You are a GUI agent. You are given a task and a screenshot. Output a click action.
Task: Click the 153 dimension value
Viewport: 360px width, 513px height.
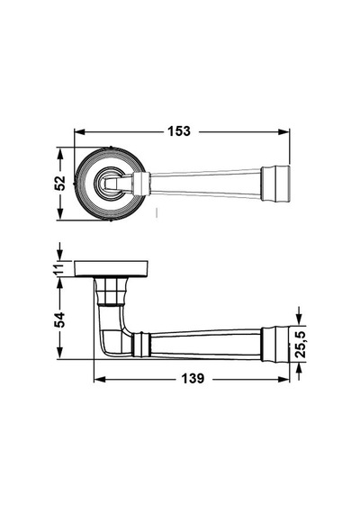(179, 131)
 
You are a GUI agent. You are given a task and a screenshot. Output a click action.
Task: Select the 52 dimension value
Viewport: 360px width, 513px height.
(60, 184)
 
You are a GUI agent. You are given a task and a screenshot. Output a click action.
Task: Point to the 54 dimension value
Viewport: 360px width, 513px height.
(59, 320)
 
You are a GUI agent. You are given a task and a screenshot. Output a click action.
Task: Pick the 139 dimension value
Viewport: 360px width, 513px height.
(193, 379)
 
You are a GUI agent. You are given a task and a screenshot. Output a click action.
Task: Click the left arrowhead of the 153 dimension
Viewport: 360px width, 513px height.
(80, 131)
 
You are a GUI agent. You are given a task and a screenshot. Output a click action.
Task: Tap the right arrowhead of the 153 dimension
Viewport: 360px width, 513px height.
(283, 131)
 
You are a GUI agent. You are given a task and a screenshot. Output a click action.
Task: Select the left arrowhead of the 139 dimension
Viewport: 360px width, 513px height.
(99, 379)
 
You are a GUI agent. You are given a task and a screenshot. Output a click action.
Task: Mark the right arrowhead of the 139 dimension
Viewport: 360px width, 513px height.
(283, 379)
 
